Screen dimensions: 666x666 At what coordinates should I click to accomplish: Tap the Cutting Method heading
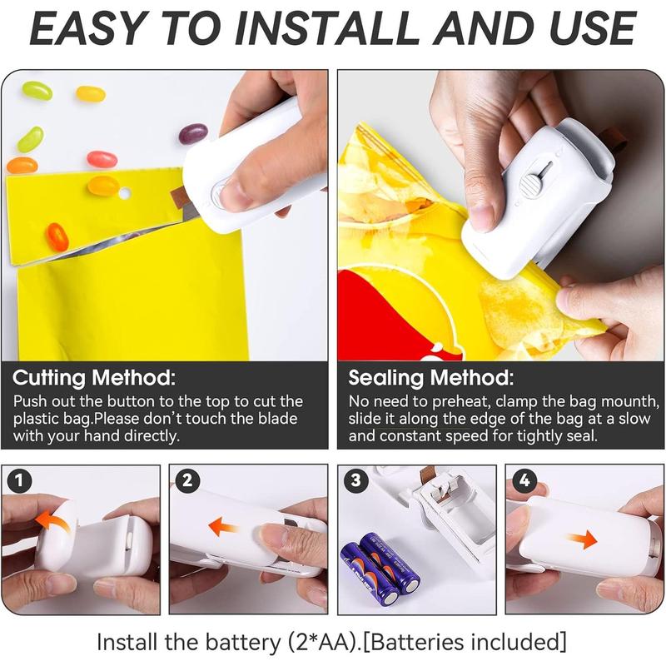[x=94, y=378]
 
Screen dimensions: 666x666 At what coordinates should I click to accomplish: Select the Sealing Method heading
[x=430, y=378]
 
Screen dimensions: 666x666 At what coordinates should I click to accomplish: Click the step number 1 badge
[x=19, y=480]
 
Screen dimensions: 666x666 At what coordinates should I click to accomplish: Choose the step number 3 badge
[x=355, y=480]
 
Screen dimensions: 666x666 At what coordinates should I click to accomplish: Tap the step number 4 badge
[x=524, y=480]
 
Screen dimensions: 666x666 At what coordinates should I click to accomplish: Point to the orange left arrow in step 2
[x=223, y=526]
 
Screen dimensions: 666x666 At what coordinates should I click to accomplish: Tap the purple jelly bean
[x=193, y=133]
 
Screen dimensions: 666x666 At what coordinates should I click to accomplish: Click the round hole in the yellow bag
[x=124, y=193]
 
